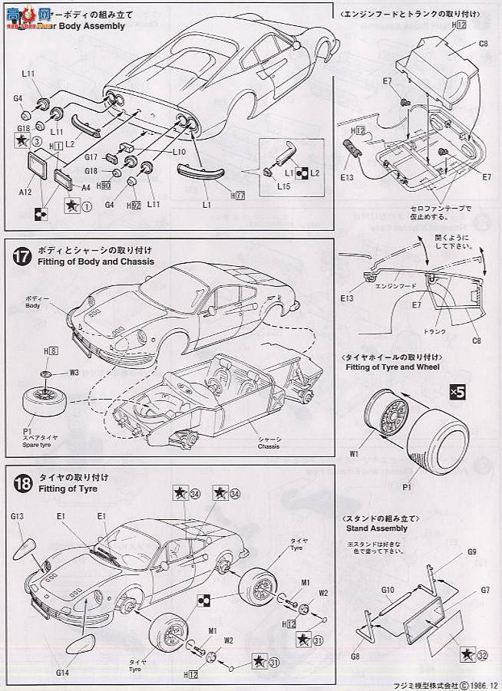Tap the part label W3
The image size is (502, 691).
[75, 373]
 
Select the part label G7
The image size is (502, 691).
[485, 589]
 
